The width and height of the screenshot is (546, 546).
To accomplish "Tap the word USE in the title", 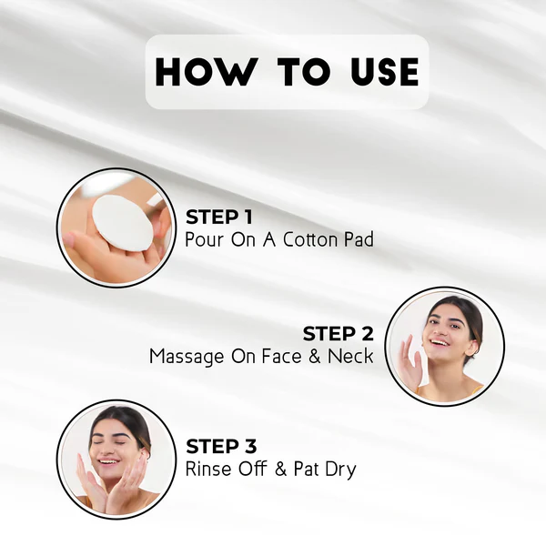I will coord(374,72).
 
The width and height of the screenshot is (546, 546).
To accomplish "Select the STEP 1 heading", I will coord(218,217).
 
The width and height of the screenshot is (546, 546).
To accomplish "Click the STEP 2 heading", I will coord(338,333).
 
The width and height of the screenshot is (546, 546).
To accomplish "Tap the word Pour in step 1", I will coord(203,240).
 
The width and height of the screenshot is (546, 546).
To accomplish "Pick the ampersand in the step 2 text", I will coord(313,356).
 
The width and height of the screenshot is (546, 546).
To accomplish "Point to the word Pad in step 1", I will coord(357,240).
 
